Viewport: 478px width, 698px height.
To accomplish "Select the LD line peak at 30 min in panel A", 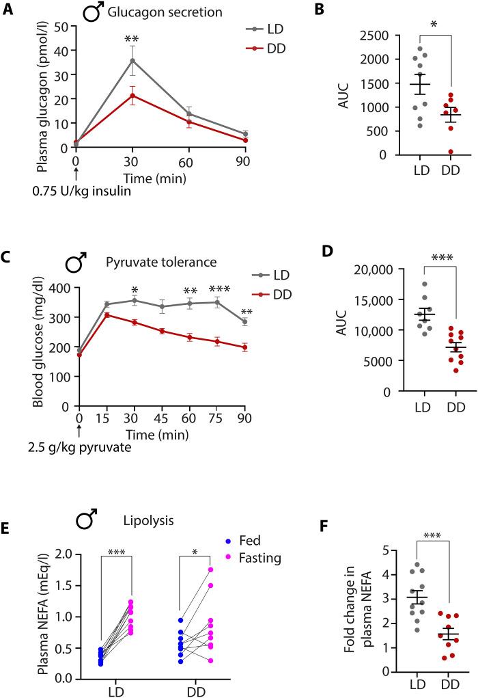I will pos(132,60).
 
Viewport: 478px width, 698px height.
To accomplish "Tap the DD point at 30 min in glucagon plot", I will pos(132,95).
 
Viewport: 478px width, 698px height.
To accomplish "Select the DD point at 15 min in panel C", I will pos(107,314).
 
